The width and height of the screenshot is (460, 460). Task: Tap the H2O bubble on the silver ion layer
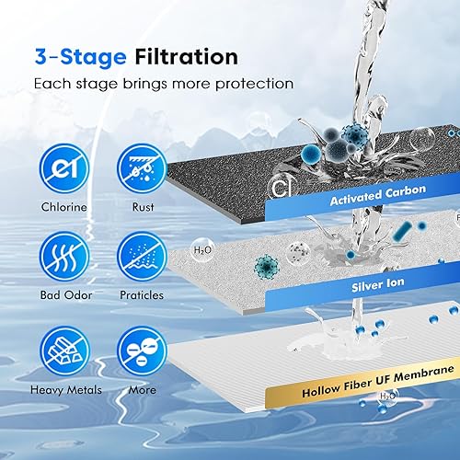coord(203,249)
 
